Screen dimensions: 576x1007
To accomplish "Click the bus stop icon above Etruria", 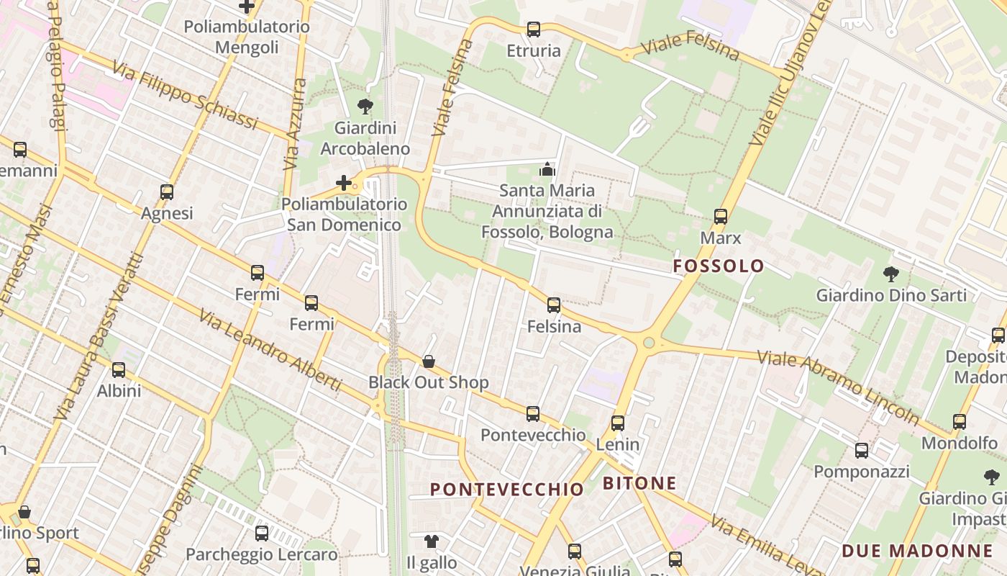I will (x=533, y=30).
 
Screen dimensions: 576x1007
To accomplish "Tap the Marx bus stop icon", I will (x=720, y=216).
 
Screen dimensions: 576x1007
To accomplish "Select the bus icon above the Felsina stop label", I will (x=553, y=305).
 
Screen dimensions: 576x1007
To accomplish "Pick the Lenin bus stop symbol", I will (x=617, y=423).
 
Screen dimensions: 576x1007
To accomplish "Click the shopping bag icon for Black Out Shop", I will (x=429, y=361).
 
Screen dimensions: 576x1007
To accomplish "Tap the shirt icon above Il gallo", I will (x=431, y=541).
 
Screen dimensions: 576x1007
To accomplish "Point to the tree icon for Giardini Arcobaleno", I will (x=365, y=107).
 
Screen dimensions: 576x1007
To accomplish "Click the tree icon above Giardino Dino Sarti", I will (x=890, y=274).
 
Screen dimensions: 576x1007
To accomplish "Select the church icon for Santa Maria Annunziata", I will (x=547, y=169).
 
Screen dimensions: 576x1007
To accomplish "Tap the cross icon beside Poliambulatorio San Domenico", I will (x=344, y=183).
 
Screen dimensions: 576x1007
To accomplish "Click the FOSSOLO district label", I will (x=719, y=266).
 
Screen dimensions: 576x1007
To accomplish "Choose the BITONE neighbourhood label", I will (x=639, y=483).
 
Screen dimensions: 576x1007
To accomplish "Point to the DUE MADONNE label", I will (x=916, y=552).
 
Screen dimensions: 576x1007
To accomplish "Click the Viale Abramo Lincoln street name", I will (x=838, y=387).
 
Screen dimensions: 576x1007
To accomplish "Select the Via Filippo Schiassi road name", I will (x=184, y=96).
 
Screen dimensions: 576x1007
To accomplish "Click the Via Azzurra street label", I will (x=295, y=124).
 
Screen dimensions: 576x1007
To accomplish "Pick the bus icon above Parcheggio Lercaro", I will (x=262, y=534).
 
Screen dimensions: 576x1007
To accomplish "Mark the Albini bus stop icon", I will (x=119, y=370).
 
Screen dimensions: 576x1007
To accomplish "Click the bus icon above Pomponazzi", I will (x=861, y=451).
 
